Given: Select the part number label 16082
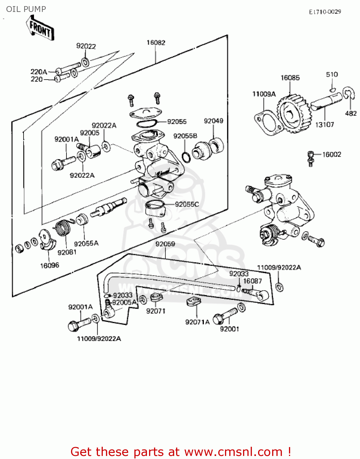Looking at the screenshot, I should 156,43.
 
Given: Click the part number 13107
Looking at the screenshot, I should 324,125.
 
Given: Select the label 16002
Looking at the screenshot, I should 332,155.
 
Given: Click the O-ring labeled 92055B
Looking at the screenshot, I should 186,157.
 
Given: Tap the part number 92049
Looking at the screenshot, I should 214,121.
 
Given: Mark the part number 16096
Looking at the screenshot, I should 50,266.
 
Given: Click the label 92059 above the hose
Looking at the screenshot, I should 165,244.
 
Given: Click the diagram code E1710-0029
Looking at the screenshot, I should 325,12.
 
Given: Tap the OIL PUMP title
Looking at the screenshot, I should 26,9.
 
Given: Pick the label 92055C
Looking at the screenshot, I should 187,204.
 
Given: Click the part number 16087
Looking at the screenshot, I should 253,281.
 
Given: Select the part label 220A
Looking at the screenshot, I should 39,72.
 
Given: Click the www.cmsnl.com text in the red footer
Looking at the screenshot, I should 233,452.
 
